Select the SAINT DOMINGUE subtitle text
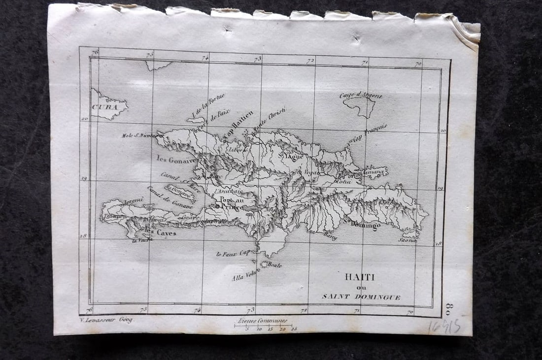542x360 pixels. tap(361, 297)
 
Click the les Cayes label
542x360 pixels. tap(160, 233)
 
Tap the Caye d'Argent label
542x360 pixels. tap(361, 95)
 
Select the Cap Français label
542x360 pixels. tap(369, 133)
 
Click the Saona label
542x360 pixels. tap(407, 240)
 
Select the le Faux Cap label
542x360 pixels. tap(234, 254)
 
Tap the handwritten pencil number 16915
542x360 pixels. tap(444, 326)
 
